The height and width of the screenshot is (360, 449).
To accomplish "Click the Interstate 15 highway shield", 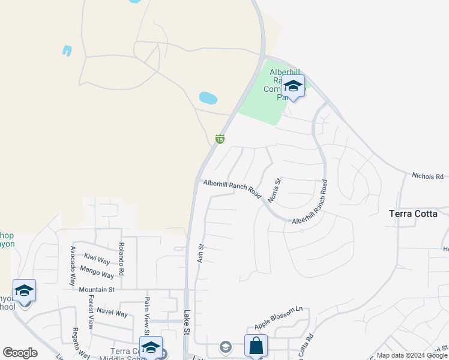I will pyautogui.click(x=220, y=139).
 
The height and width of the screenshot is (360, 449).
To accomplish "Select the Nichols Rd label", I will pyautogui.click(x=427, y=176).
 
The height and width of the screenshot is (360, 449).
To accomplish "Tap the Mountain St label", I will pyautogui.click(x=97, y=289).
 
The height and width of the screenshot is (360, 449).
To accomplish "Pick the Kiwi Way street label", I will pyautogui.click(x=97, y=259).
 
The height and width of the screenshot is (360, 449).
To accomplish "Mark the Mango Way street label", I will pyautogui.click(x=97, y=272).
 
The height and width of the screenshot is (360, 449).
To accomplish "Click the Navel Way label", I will pyautogui.click(x=112, y=313).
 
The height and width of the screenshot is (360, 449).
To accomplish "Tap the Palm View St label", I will pyautogui.click(x=146, y=313).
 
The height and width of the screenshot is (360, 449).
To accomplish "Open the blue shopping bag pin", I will pyautogui.click(x=256, y=346).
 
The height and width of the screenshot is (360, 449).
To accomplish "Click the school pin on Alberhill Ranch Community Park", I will pyautogui.click(x=293, y=86).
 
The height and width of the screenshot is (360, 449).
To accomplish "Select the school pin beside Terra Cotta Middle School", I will pyautogui.click(x=151, y=347).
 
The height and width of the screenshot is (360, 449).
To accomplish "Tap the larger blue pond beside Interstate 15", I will pyautogui.click(x=208, y=97).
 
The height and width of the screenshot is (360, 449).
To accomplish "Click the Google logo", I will pyautogui.click(x=20, y=353).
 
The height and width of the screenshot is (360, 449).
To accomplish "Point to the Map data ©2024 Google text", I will pyautogui.click(x=412, y=355).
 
